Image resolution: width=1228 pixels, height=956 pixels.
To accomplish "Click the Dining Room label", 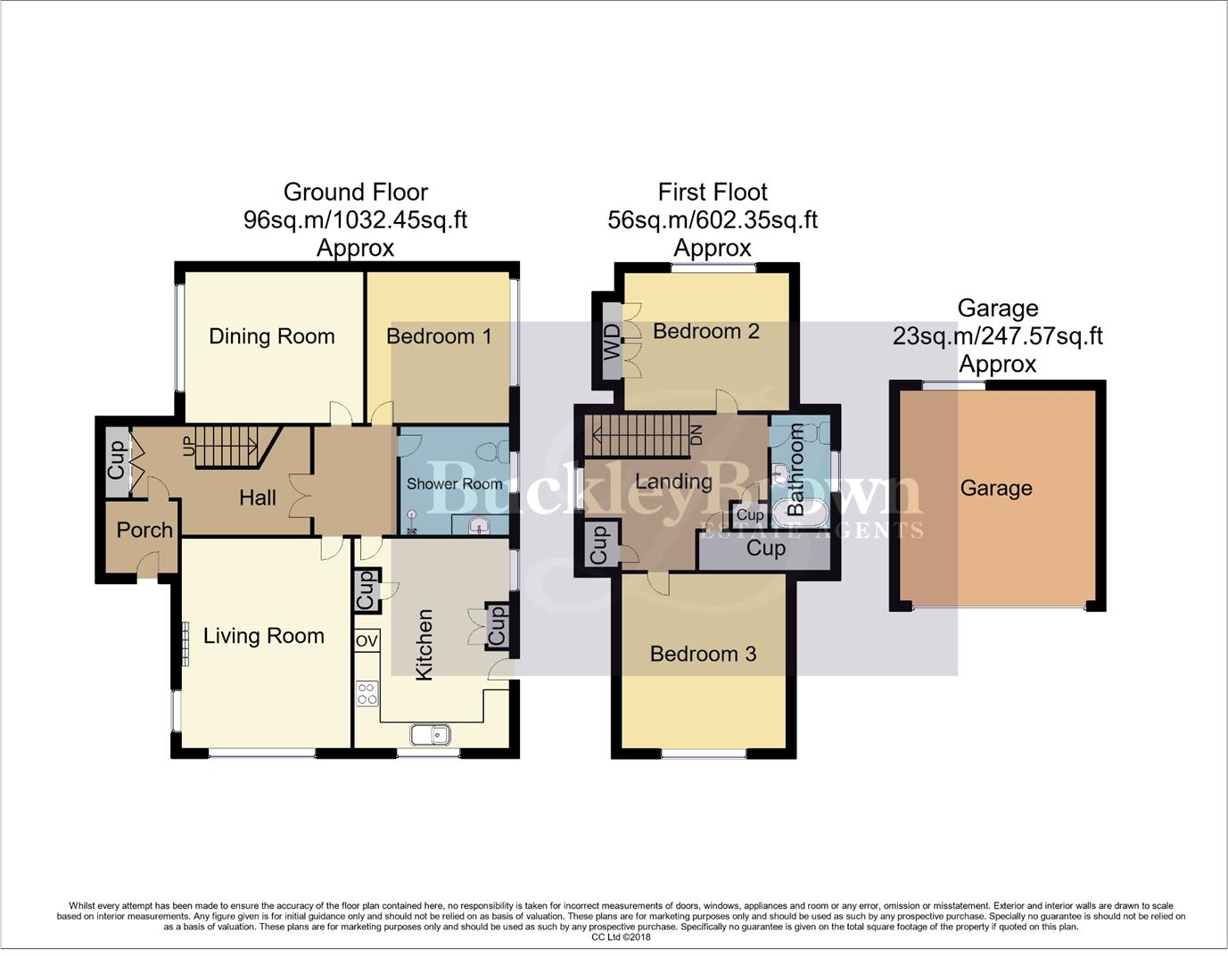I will click(271, 336).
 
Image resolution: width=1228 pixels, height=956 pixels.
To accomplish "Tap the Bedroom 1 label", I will click(438, 336).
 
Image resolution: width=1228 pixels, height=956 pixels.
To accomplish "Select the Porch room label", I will click(144, 530).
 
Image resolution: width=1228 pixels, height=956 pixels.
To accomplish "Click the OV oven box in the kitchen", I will click(367, 641).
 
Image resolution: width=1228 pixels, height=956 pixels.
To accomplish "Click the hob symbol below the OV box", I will click(367, 693).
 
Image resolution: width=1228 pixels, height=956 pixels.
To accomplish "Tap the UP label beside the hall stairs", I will click(188, 446).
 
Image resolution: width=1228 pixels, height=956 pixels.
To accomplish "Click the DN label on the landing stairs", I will click(696, 435).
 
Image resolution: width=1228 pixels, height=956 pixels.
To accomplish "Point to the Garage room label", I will click(996, 488).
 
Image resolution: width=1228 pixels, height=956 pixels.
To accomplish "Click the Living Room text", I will click(263, 636).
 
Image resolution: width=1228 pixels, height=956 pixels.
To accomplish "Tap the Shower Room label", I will click(454, 483).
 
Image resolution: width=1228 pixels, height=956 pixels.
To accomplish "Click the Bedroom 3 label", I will click(703, 654).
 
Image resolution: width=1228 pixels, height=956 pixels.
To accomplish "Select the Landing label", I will click(673, 482).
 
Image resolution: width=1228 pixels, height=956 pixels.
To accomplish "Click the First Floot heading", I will click(712, 192).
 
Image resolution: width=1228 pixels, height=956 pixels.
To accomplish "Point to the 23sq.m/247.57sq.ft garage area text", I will click(997, 336).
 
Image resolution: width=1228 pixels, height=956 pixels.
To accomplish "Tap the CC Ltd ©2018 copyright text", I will click(621, 937).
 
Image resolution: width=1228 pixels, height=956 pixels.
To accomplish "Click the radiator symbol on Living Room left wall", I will click(185, 643).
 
